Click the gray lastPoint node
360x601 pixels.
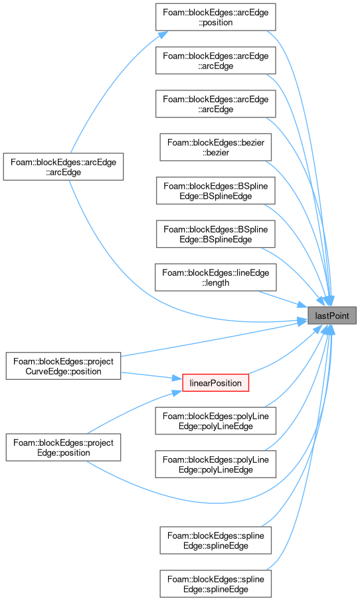tap(332, 315)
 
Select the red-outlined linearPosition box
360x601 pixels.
tap(215, 383)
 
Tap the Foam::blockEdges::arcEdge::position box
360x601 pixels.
tap(215, 17)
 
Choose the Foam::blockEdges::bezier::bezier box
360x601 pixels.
tap(215, 147)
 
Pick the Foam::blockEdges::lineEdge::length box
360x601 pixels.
tap(215, 278)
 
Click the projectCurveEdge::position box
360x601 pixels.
tap(63, 366)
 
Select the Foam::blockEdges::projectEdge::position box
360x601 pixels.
tap(63, 448)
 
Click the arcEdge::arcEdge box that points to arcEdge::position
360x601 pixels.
tap(63, 167)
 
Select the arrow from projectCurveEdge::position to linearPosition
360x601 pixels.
tap(151, 376)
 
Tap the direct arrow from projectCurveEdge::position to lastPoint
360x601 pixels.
tap(215, 339)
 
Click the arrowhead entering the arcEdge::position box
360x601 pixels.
tap(163, 35)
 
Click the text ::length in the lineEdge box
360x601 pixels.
tap(216, 283)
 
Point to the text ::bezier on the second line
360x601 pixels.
tap(216, 153)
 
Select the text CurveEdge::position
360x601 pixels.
tap(63, 371)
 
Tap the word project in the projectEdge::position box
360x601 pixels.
tap(101, 443)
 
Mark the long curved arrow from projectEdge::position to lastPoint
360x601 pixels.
tap(215, 501)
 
